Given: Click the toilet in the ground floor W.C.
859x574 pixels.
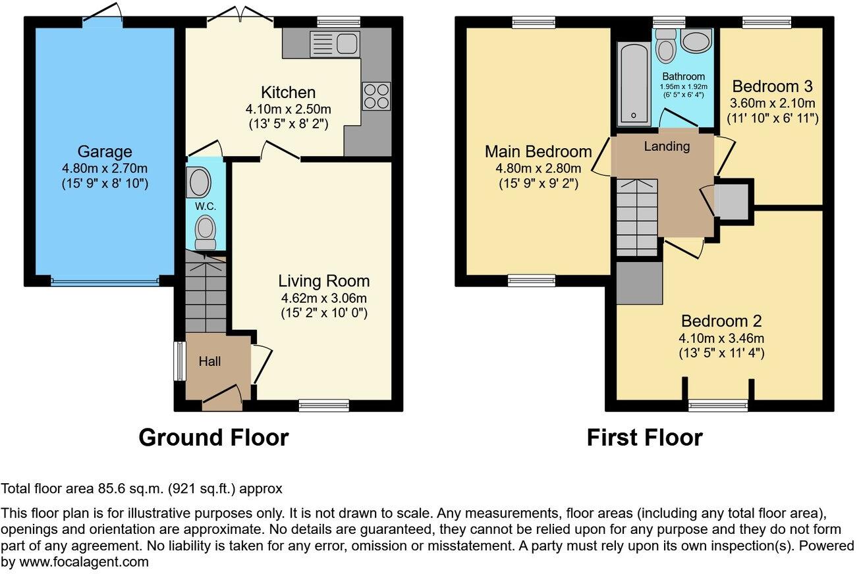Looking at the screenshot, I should (206, 232).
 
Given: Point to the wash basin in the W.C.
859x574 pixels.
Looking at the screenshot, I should (198, 182).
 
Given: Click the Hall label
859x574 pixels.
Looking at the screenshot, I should (210, 361).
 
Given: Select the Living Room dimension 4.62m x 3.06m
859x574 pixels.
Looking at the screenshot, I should (323, 298).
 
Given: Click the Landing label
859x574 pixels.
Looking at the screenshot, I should (667, 147).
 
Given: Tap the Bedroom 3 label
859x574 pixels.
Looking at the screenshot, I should (772, 86).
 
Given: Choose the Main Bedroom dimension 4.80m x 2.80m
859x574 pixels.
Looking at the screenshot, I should (538, 168).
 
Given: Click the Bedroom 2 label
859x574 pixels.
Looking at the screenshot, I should (721, 321).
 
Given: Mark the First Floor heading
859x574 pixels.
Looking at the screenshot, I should (644, 437).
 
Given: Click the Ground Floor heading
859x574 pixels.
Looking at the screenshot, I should (213, 437).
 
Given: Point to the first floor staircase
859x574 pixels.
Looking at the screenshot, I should (637, 217).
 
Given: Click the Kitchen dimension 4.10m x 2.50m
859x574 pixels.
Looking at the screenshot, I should (288, 108).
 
